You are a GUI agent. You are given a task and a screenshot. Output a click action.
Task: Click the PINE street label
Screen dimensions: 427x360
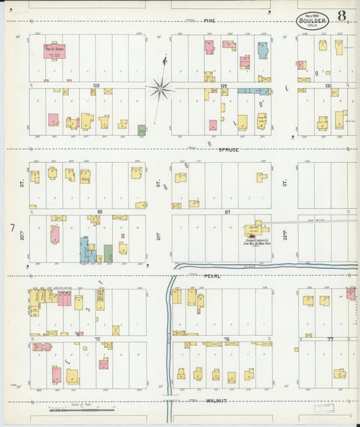click(x=210, y=21)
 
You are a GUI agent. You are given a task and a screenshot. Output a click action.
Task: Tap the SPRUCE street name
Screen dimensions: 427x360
click(x=229, y=149)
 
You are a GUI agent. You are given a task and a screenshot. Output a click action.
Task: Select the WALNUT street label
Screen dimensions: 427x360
click(x=215, y=401)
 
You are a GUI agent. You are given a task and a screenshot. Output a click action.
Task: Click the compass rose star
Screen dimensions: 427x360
click(x=161, y=86)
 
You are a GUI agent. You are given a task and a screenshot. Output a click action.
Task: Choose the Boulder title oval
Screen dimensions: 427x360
click(x=312, y=20)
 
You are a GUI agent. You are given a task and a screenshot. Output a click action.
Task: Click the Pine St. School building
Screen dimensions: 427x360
click(x=55, y=51)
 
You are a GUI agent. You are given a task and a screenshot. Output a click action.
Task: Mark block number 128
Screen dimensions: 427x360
click(x=97, y=86)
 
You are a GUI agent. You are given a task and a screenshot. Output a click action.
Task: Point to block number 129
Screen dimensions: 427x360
click(x=223, y=86)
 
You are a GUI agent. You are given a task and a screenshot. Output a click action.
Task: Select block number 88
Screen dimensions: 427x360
click(x=99, y=211)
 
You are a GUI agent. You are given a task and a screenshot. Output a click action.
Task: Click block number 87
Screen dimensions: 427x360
click(x=227, y=211)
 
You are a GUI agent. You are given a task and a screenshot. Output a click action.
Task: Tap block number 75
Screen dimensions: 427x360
click(x=97, y=338)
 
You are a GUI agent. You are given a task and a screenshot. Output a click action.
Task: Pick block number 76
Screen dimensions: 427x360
click(x=226, y=338)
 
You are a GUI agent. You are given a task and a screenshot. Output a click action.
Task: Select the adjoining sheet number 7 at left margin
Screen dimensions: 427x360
click(x=12, y=228)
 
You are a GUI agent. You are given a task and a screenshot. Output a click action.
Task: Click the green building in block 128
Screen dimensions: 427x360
click(x=142, y=129)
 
